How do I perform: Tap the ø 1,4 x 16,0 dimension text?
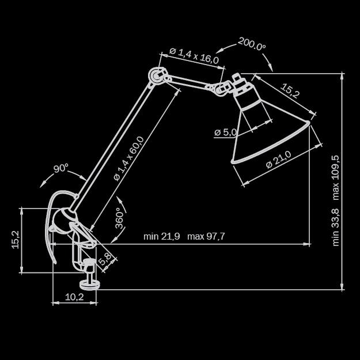(194, 56)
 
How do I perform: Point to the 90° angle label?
(61, 169)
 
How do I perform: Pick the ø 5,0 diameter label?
(225, 132)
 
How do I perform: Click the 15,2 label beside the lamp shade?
(290, 90)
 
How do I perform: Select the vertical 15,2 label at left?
(16, 240)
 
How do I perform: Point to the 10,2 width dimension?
(74, 297)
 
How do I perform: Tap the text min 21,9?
(162, 236)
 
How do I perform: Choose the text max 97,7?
(206, 236)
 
